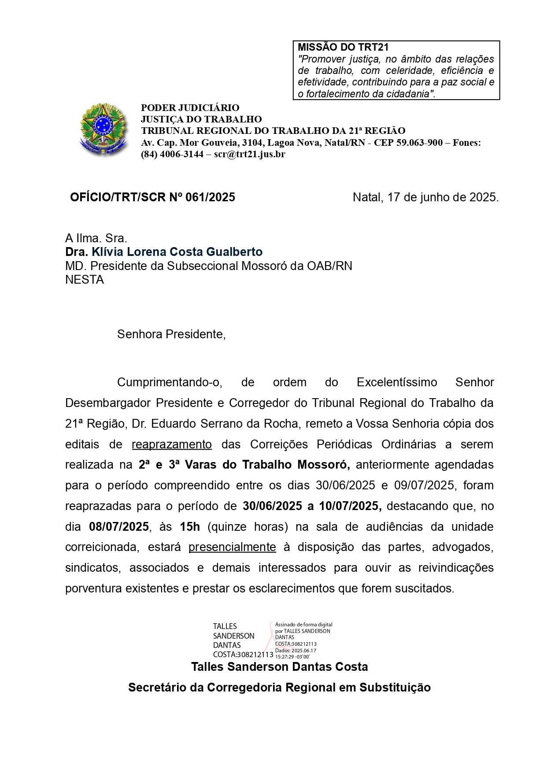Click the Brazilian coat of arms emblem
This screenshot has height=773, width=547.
103,129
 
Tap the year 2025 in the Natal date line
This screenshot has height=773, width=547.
483,197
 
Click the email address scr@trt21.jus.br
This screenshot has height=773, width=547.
249,154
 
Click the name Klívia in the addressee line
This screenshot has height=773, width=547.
107,252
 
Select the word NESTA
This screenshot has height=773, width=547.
85,280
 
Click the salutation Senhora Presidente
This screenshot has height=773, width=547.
171,334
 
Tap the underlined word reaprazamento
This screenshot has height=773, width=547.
172,444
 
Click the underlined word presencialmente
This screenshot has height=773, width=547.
232,547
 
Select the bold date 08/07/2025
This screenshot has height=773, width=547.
119,527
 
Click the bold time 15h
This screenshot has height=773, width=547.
190,527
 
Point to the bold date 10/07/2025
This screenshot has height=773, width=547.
351,506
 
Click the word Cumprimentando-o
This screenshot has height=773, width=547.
170,382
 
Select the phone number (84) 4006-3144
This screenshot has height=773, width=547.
172,154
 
